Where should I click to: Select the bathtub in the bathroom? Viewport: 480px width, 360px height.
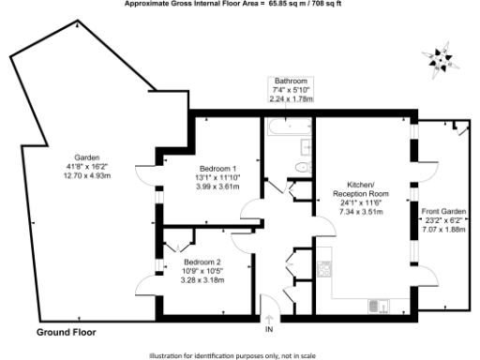(x=287, y=125)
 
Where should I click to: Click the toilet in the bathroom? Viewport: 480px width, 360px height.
(x=302, y=166)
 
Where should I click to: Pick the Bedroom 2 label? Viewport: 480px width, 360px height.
(x=202, y=261)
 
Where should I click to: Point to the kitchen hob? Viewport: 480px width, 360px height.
(x=324, y=269)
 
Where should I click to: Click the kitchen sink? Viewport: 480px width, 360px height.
(x=378, y=305)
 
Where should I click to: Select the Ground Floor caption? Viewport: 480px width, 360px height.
(x=66, y=332)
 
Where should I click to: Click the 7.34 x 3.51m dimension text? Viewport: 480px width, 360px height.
(x=360, y=212)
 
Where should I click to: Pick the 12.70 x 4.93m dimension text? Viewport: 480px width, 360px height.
(x=85, y=175)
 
